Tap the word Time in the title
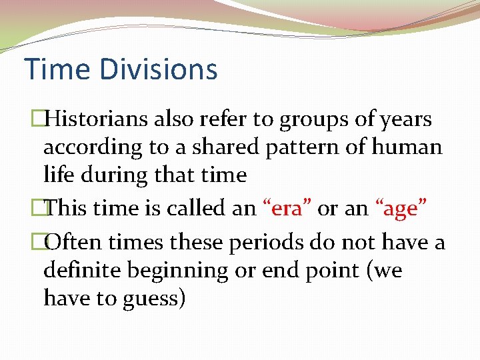(51, 69)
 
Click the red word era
(287, 209)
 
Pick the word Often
(71, 243)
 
